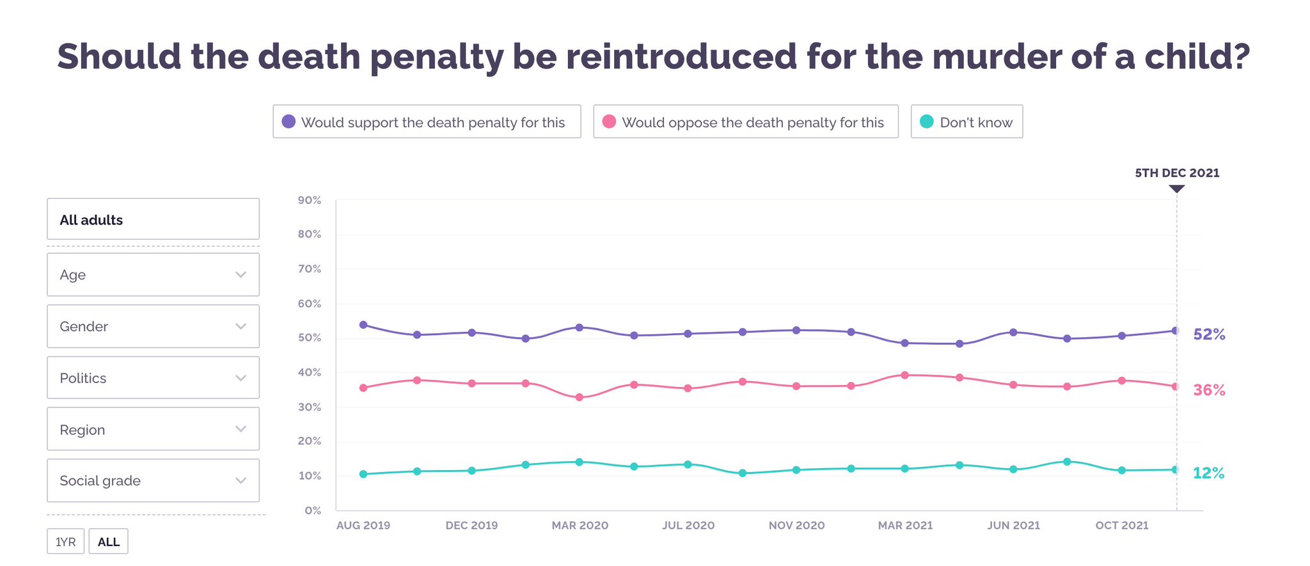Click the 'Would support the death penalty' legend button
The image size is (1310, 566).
[x=427, y=122]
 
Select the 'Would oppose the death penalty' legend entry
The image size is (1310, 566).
[x=745, y=122]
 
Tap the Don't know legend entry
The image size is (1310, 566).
[x=967, y=122]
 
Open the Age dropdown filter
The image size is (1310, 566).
[x=153, y=274]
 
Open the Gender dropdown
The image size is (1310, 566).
[x=153, y=326]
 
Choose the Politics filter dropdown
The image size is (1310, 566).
[x=153, y=378]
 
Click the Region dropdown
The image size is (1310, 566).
[x=153, y=429]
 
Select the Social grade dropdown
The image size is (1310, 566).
[x=153, y=480]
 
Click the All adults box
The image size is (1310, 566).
[x=153, y=219]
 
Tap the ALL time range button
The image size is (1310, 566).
[x=108, y=542]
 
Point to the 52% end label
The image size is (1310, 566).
[x=1209, y=334]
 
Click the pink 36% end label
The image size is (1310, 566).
[x=1209, y=390]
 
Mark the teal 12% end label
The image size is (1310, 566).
[x=1208, y=473]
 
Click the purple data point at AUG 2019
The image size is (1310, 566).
[x=363, y=325]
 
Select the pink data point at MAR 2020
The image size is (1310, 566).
[x=580, y=397]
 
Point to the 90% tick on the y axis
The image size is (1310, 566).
[x=310, y=200]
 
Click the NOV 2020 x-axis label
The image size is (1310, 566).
[x=796, y=526]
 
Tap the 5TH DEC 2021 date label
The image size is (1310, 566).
[x=1177, y=173]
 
